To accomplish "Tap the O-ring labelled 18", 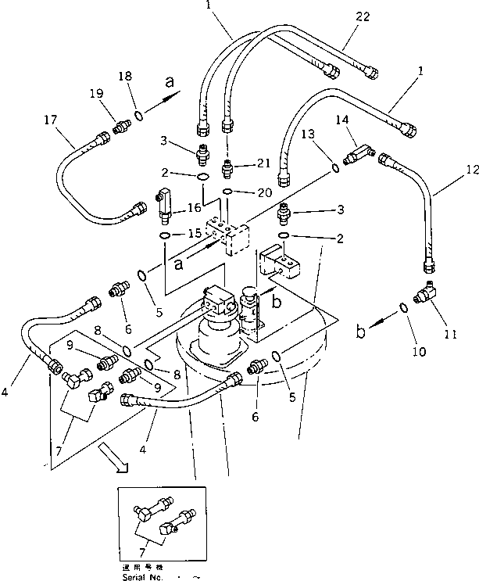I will coord(138,117).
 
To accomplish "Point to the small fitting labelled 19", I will coord(121,125).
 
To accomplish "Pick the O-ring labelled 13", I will coord(335,167).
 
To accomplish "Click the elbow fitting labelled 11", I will coord(427,296).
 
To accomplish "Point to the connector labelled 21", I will coord(227,166).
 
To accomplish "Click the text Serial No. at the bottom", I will coord(142,576).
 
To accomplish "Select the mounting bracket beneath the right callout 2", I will coord(283,267).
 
